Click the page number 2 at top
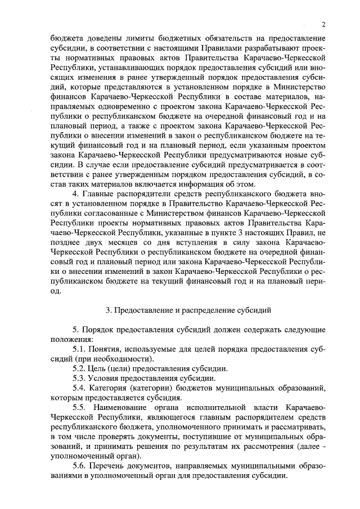(324, 24)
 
